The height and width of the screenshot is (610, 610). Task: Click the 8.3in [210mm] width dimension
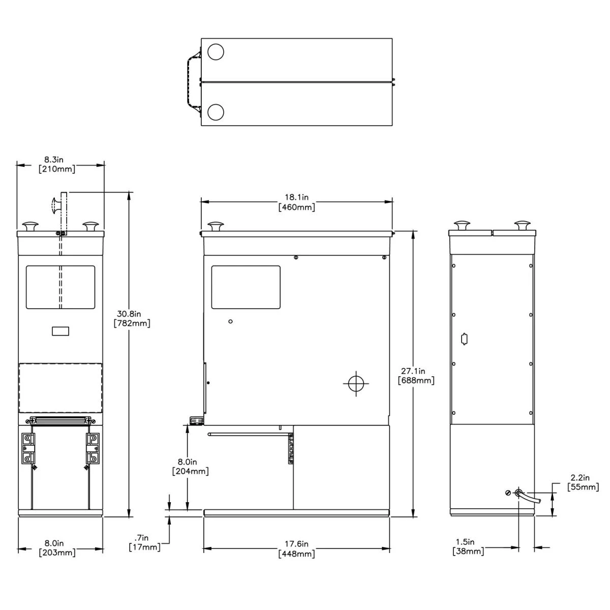57,164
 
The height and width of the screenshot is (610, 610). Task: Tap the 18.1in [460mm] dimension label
296,202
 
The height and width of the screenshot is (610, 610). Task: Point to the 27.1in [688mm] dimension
417,376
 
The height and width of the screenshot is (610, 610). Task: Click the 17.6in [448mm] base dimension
296,548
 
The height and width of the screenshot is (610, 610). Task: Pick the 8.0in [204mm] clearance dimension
191,467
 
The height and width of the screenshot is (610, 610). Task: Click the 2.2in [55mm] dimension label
583,482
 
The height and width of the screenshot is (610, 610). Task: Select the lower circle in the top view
216,111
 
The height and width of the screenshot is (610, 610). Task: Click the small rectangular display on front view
60,331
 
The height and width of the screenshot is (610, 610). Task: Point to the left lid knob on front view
30,226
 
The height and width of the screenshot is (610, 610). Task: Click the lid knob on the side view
217,226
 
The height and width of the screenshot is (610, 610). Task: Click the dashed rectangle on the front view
60,388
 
